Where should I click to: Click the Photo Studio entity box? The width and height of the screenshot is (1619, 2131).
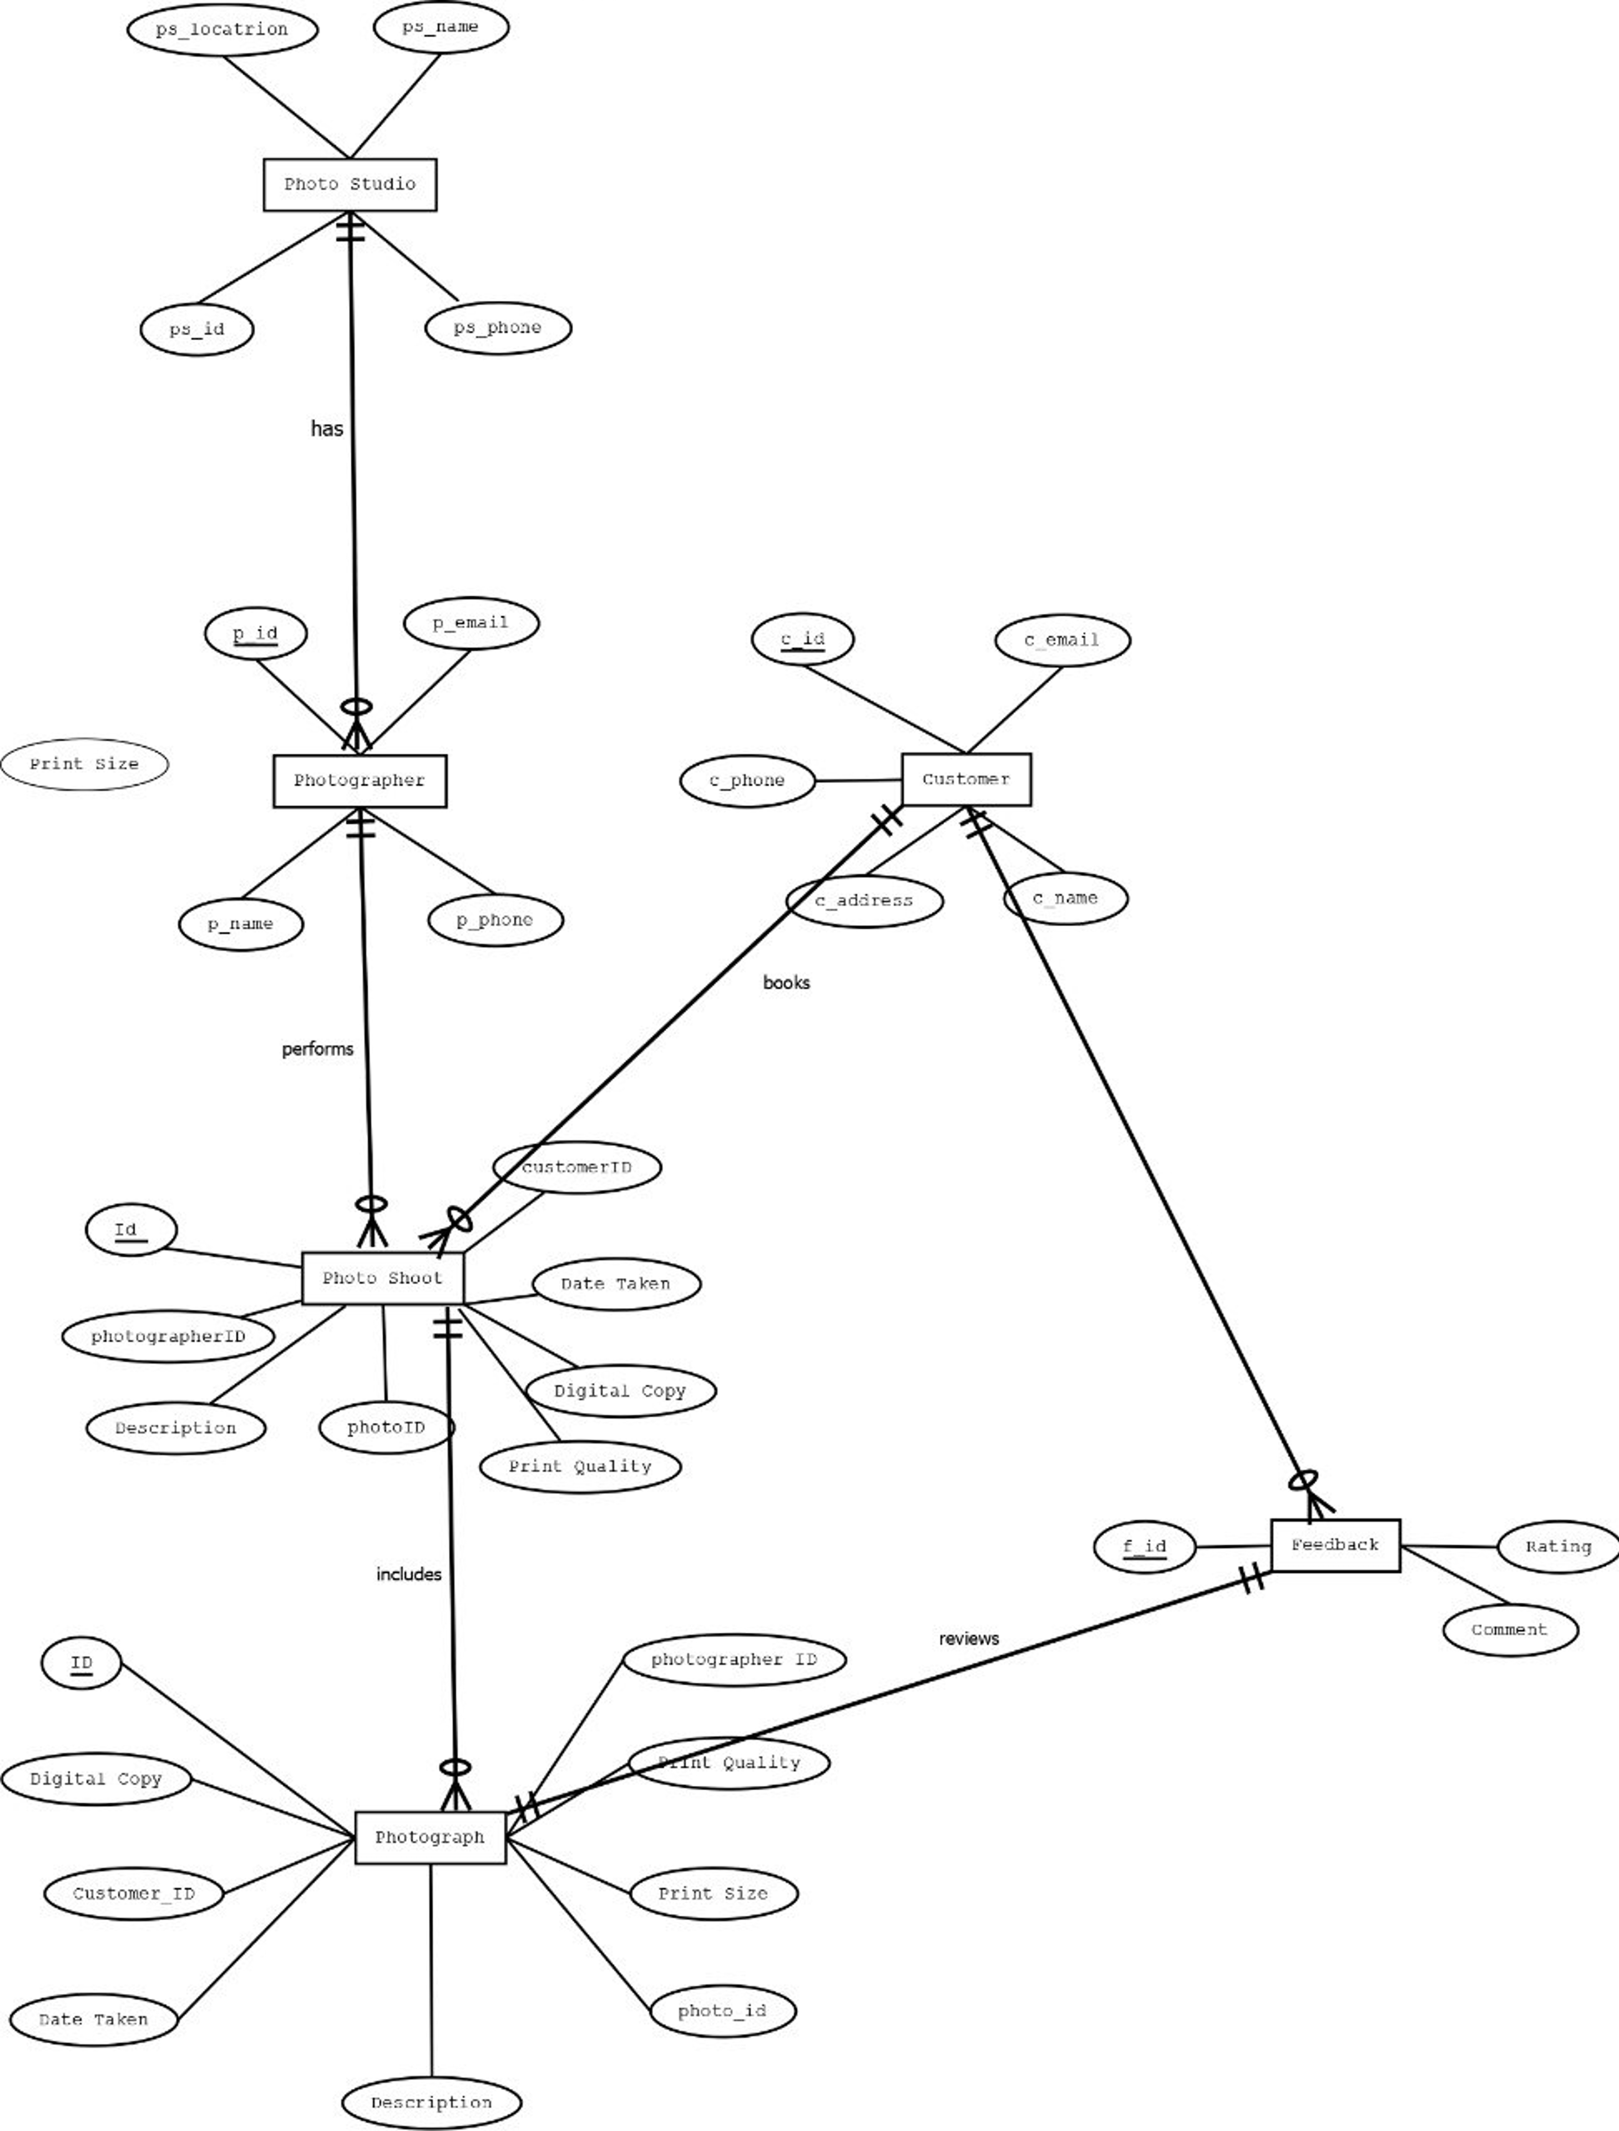350,184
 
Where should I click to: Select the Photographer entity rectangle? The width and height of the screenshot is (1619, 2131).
360,781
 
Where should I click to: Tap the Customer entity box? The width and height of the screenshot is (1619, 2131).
965,779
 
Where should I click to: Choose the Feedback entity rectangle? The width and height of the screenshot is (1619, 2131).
1335,1545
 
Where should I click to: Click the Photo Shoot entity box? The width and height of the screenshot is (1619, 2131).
383,1278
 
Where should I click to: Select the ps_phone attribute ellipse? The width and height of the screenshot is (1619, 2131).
497,328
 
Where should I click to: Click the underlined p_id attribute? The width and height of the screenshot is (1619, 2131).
255,633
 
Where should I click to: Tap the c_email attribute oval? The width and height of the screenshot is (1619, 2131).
1062,640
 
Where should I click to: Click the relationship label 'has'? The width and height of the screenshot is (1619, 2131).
327,429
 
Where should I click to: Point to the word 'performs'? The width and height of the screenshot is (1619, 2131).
317,1049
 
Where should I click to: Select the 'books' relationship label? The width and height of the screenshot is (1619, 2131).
786,982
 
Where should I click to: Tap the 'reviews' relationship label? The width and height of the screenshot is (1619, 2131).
969,1639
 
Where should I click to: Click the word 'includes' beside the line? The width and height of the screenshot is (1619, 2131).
408,1574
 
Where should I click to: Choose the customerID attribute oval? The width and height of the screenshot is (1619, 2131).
576,1167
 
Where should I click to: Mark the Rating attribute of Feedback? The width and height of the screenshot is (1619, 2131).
1557,1546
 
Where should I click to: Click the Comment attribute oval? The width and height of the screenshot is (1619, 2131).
1509,1630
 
